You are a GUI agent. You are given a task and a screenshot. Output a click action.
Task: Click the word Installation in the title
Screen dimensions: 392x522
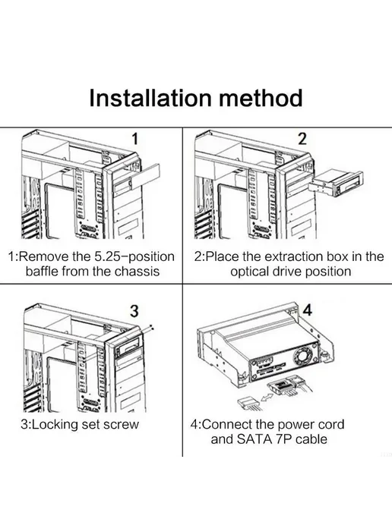click(x=150, y=98)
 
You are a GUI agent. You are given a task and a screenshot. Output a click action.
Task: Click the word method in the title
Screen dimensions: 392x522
click(x=261, y=98)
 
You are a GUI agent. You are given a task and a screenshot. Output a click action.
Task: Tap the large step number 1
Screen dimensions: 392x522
click(x=134, y=139)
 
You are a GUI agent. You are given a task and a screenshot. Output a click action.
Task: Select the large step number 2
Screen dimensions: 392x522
click(x=302, y=139)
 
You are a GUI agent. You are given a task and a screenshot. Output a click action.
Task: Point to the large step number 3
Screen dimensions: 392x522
click(x=134, y=311)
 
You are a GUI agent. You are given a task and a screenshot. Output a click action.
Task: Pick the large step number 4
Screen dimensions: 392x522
click(x=308, y=310)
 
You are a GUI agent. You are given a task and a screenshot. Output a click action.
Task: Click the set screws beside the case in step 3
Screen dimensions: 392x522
click(x=152, y=327)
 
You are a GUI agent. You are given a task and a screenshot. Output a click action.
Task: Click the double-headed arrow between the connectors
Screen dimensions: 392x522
click(x=267, y=398)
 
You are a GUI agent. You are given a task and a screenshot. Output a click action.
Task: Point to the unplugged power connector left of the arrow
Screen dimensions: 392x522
click(x=248, y=402)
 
